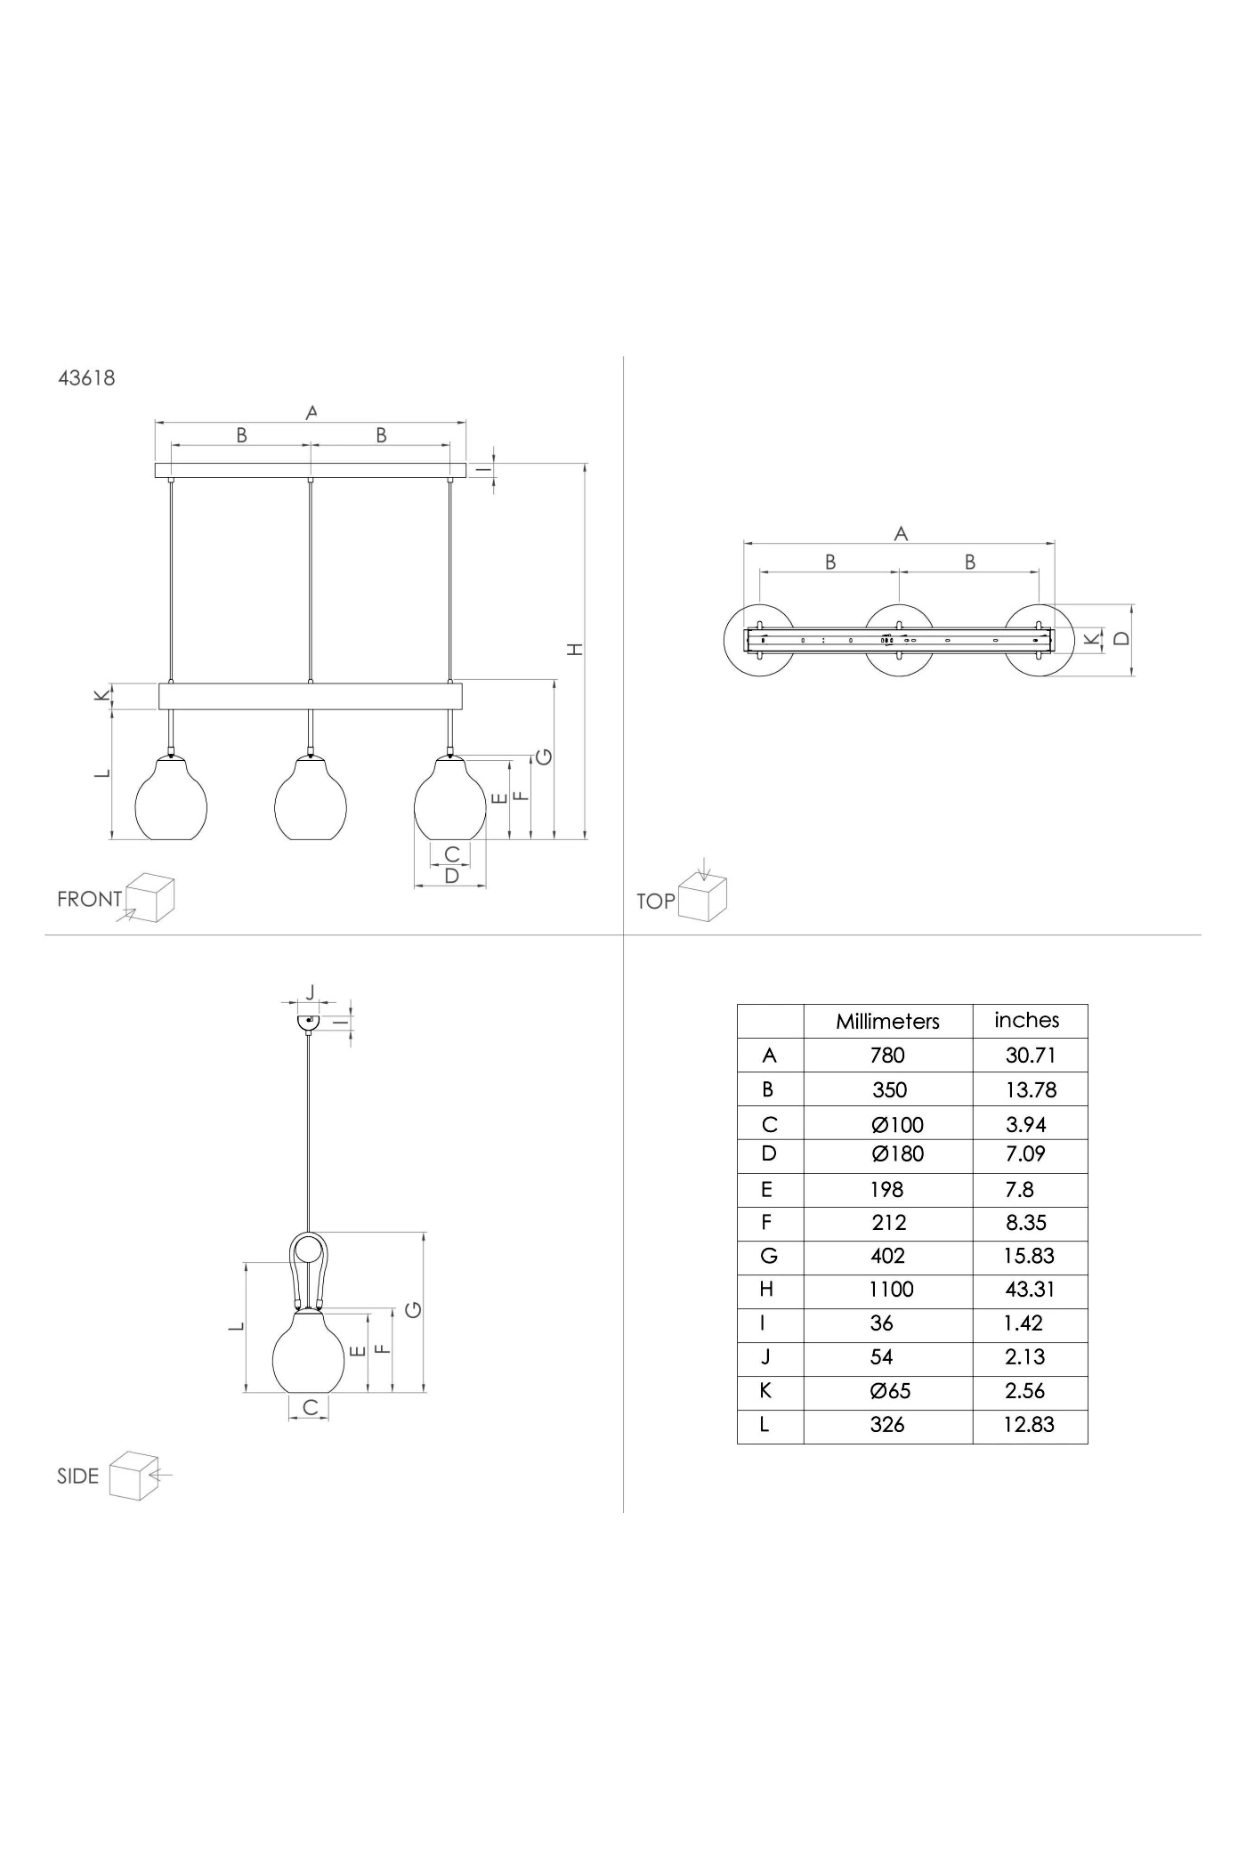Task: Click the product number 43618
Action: [x=86, y=377]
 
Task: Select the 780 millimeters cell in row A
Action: [x=887, y=1056]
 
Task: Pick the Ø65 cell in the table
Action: [x=891, y=1390]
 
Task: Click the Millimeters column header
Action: [x=887, y=1022]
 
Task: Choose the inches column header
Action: [x=1027, y=1020]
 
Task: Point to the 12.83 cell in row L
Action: [x=1029, y=1424]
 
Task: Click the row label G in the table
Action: [x=769, y=1256]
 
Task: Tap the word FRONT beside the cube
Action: [x=89, y=899]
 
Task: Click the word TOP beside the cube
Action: [x=656, y=902]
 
